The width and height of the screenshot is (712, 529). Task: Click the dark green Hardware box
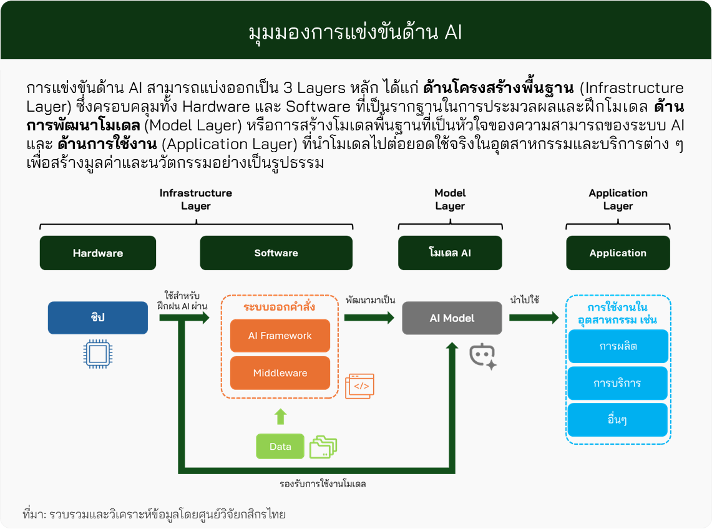(x=98, y=253)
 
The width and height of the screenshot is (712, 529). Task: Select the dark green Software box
(x=276, y=253)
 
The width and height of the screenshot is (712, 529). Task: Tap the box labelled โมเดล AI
(x=450, y=253)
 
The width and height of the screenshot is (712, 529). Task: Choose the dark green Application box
(x=618, y=253)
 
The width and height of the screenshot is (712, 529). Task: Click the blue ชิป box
(x=98, y=318)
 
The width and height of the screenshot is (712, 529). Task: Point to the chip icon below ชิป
(x=97, y=354)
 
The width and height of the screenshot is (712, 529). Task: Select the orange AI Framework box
(x=280, y=336)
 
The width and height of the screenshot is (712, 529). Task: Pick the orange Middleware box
(x=280, y=373)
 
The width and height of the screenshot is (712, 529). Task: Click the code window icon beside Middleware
(x=359, y=386)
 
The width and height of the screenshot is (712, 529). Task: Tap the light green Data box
(x=280, y=447)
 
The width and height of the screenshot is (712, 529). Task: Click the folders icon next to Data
(x=323, y=447)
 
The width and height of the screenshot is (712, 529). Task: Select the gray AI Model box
(x=452, y=318)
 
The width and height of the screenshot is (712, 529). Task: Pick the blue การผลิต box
(x=618, y=346)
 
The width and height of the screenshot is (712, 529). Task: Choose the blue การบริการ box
(x=618, y=383)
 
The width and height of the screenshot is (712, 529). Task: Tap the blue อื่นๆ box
(x=618, y=420)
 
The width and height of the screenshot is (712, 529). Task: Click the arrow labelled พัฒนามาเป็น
(x=369, y=318)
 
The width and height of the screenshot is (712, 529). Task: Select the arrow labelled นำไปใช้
(x=534, y=318)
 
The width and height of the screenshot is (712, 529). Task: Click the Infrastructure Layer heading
(x=196, y=200)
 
